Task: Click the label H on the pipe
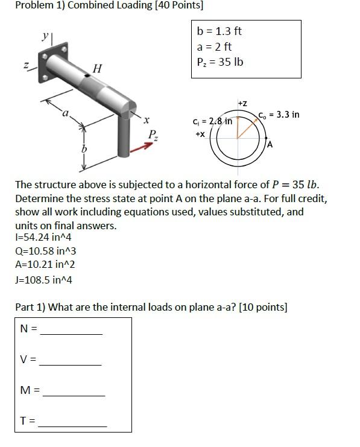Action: [x=96, y=70]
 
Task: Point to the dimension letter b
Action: [x=84, y=147]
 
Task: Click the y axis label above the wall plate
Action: [x=45, y=36]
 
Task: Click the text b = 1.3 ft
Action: [x=219, y=31]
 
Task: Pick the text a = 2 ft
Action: [x=214, y=46]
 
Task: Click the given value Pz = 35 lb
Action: [x=220, y=62]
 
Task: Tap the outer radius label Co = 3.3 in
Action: [x=279, y=115]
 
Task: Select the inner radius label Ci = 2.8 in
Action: [x=212, y=121]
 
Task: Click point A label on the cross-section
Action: [x=270, y=145]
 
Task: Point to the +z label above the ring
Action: [x=242, y=104]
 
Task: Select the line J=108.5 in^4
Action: [x=43, y=279]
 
